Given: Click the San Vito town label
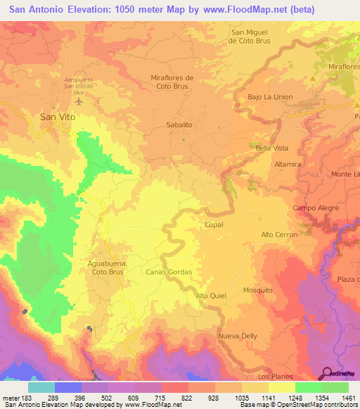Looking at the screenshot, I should point(57,117).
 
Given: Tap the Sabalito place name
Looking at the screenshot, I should point(179,124).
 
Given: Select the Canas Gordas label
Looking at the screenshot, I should point(169,271).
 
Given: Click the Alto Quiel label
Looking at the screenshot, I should point(211,296).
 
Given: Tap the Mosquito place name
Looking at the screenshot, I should point(257,290).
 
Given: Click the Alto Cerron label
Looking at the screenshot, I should point(279,234).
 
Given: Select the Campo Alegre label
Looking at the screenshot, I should point(311,209).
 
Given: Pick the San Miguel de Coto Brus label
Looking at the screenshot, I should point(253,37).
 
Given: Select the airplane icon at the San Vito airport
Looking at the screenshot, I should point(77,100).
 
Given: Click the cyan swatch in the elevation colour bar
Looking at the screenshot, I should point(41,387).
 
